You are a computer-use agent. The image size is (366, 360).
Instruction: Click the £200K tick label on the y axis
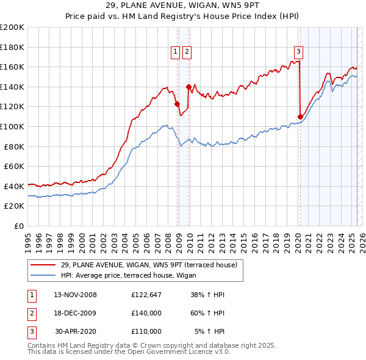tap(12, 27)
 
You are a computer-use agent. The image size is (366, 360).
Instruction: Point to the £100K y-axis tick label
tap(12, 127)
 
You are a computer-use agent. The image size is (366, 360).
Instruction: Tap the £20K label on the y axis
tap(15, 206)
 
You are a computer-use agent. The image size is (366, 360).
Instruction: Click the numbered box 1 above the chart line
tap(175, 52)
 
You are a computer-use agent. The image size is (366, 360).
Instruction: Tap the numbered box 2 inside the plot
tap(186, 52)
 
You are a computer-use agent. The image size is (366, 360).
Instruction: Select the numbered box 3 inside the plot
tap(299, 52)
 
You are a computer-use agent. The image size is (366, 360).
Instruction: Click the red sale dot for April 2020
tap(300, 117)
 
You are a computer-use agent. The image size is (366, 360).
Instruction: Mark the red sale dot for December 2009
tap(188, 87)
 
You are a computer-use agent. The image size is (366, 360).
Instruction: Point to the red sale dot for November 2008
tap(177, 104)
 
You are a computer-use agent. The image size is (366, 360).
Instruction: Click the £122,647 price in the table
tap(146, 295)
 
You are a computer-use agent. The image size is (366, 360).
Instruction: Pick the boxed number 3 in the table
tap(31, 331)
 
